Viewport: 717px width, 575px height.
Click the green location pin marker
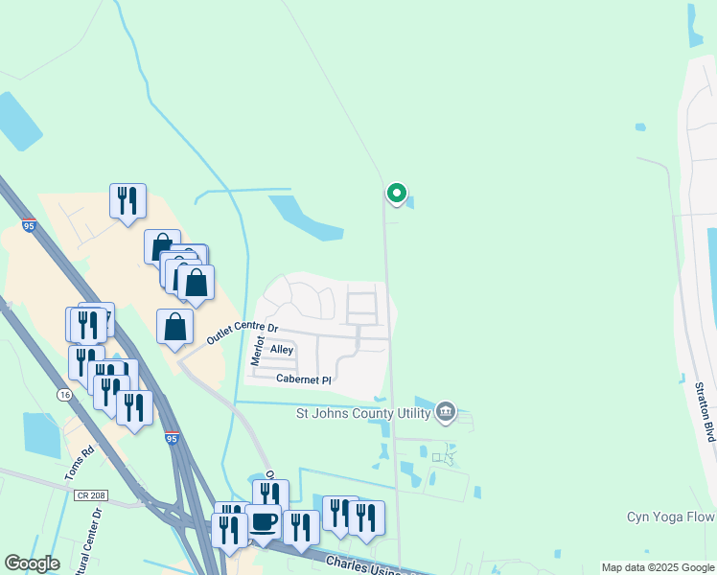396,194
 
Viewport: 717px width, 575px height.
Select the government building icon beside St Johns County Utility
445,412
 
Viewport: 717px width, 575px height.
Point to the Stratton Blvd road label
705,412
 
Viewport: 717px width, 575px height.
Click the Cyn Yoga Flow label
671,517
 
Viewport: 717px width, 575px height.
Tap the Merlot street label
257,350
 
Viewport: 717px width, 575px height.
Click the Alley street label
282,350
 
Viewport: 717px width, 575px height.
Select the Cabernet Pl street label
303,379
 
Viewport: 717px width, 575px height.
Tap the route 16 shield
64,394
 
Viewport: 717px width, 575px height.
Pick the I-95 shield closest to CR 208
171,438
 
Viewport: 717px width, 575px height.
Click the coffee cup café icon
263,521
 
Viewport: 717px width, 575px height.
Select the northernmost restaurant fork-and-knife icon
127,200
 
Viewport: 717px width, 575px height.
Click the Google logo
32,563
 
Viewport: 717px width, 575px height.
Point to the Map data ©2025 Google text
658,567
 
